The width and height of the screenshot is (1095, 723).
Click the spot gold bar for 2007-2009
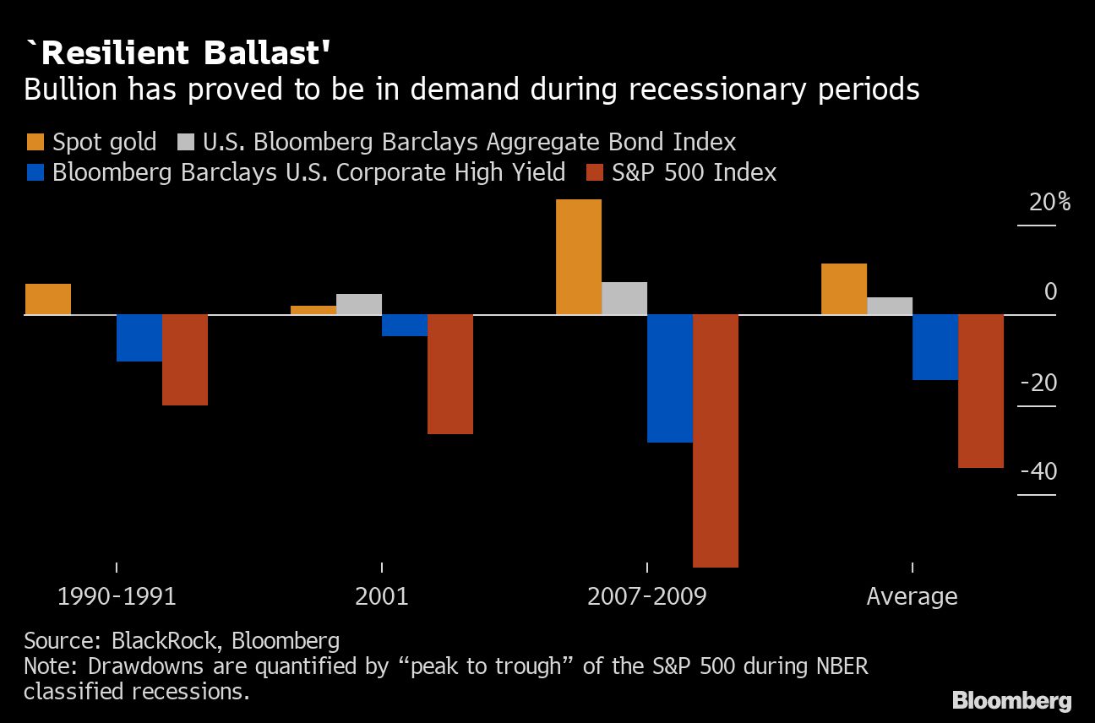click(579, 257)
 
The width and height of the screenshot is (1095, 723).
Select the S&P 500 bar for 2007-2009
click(716, 440)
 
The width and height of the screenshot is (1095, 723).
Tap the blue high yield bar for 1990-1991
click(139, 338)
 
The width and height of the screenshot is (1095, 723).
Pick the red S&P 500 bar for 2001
click(450, 374)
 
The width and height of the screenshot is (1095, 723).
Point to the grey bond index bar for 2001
click(359, 304)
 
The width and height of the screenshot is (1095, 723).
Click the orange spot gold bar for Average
click(844, 289)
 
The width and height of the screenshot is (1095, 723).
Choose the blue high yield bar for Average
click(935, 347)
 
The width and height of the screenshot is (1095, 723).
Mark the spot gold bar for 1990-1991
click(48, 299)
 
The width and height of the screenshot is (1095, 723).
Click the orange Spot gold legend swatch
click(35, 141)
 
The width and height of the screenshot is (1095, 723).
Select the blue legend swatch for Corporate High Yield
click(35, 173)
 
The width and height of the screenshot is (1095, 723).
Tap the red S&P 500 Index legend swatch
click(594, 173)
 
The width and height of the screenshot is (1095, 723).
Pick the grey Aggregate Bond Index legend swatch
click(185, 141)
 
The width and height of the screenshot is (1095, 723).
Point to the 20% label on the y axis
click(1049, 203)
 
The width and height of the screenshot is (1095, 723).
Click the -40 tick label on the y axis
click(1038, 471)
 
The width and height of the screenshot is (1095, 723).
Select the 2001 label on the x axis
click(382, 596)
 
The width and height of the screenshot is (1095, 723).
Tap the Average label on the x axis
click(912, 596)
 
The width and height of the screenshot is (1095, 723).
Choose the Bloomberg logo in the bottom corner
click(1011, 700)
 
